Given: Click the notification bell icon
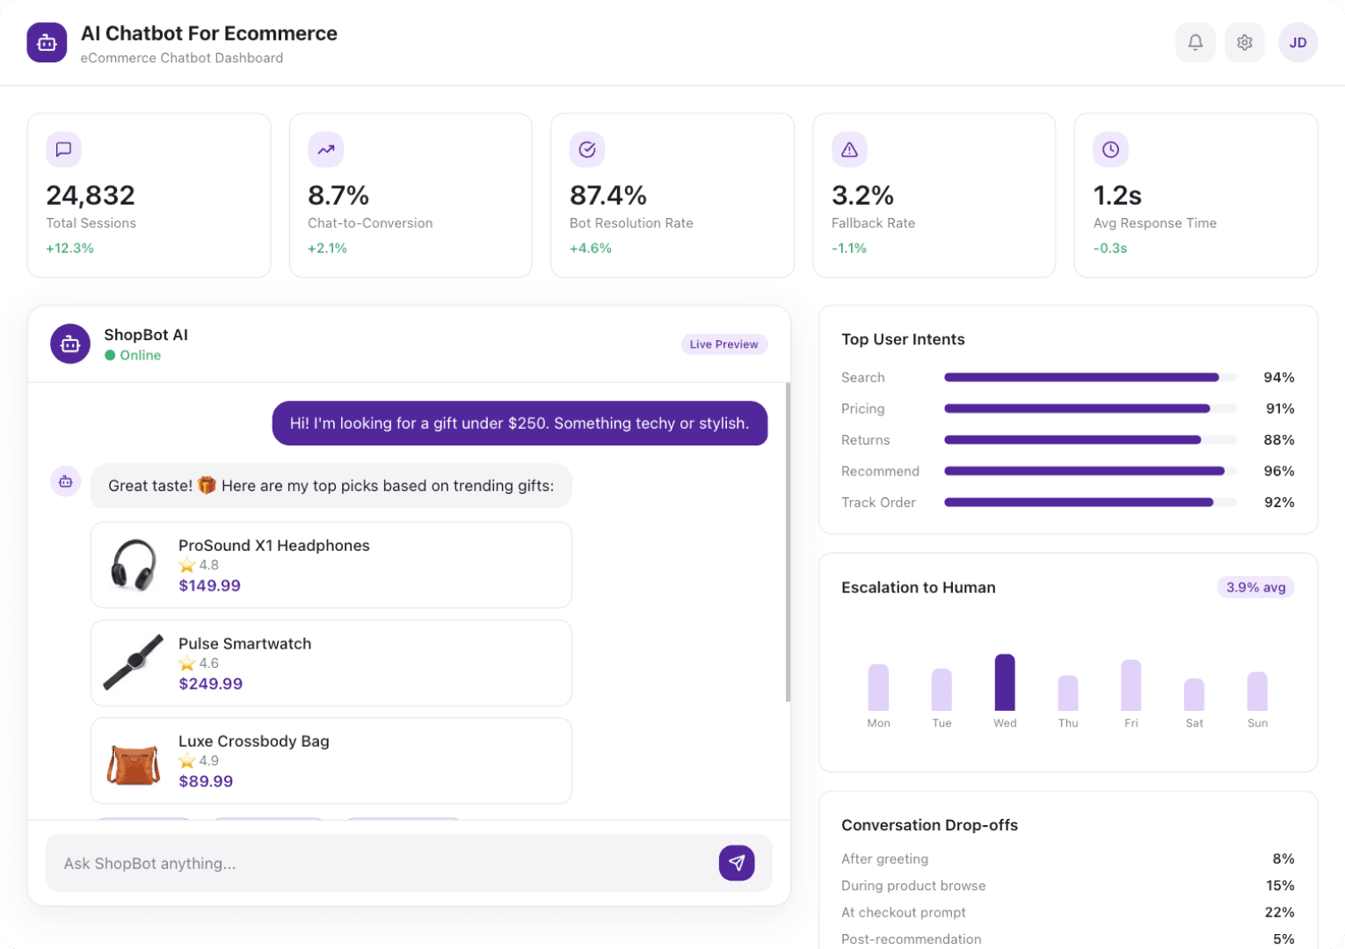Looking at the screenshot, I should (1195, 42).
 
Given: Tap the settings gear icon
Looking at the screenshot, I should (1244, 42).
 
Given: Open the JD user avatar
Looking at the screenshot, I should (1298, 42).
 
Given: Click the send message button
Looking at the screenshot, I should (736, 863).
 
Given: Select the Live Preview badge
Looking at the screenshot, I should (723, 344).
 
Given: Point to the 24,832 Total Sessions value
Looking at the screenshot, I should (91, 195).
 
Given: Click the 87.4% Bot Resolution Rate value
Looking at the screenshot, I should (607, 195).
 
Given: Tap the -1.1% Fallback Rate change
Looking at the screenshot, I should (848, 249).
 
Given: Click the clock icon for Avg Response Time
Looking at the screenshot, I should (1110, 149).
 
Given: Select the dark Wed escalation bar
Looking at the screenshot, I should (1004, 683).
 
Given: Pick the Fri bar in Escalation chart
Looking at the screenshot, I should (1131, 685).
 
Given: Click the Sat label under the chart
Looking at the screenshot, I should (1194, 723).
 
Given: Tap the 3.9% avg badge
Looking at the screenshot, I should (1255, 587).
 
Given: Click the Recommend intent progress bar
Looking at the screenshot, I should (1084, 471).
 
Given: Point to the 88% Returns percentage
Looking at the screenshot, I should (1278, 440).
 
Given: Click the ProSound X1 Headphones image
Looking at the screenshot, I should (134, 565).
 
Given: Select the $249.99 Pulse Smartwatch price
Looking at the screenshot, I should (210, 684).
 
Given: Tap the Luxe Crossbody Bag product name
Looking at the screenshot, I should (253, 741).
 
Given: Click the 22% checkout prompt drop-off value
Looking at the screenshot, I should (1279, 912).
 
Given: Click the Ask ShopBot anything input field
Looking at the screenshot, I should (378, 863).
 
